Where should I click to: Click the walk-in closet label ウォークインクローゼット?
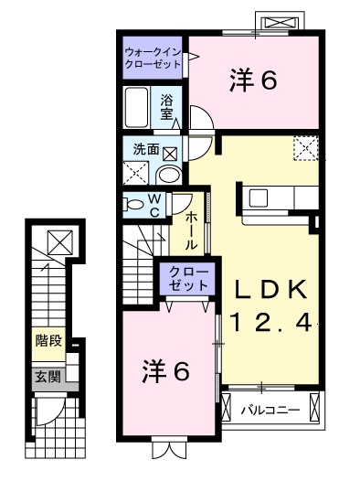click(x=153, y=59)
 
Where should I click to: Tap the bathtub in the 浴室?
click(x=137, y=107)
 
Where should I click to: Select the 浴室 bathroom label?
click(x=166, y=107)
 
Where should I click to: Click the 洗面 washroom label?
click(x=146, y=149)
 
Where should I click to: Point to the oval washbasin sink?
click(x=169, y=176)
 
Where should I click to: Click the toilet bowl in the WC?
click(x=133, y=205)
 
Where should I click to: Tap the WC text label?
click(x=154, y=205)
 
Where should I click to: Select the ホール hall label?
click(x=191, y=230)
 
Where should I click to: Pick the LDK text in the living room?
click(x=270, y=290)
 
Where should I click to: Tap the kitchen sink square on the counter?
click(x=259, y=198)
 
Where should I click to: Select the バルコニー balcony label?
click(x=270, y=410)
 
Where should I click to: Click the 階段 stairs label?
click(x=48, y=340)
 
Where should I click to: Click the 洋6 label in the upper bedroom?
click(x=253, y=80)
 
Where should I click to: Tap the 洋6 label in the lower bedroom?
click(x=165, y=371)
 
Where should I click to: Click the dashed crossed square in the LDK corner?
click(x=306, y=148)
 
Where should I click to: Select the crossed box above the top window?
click(x=281, y=23)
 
